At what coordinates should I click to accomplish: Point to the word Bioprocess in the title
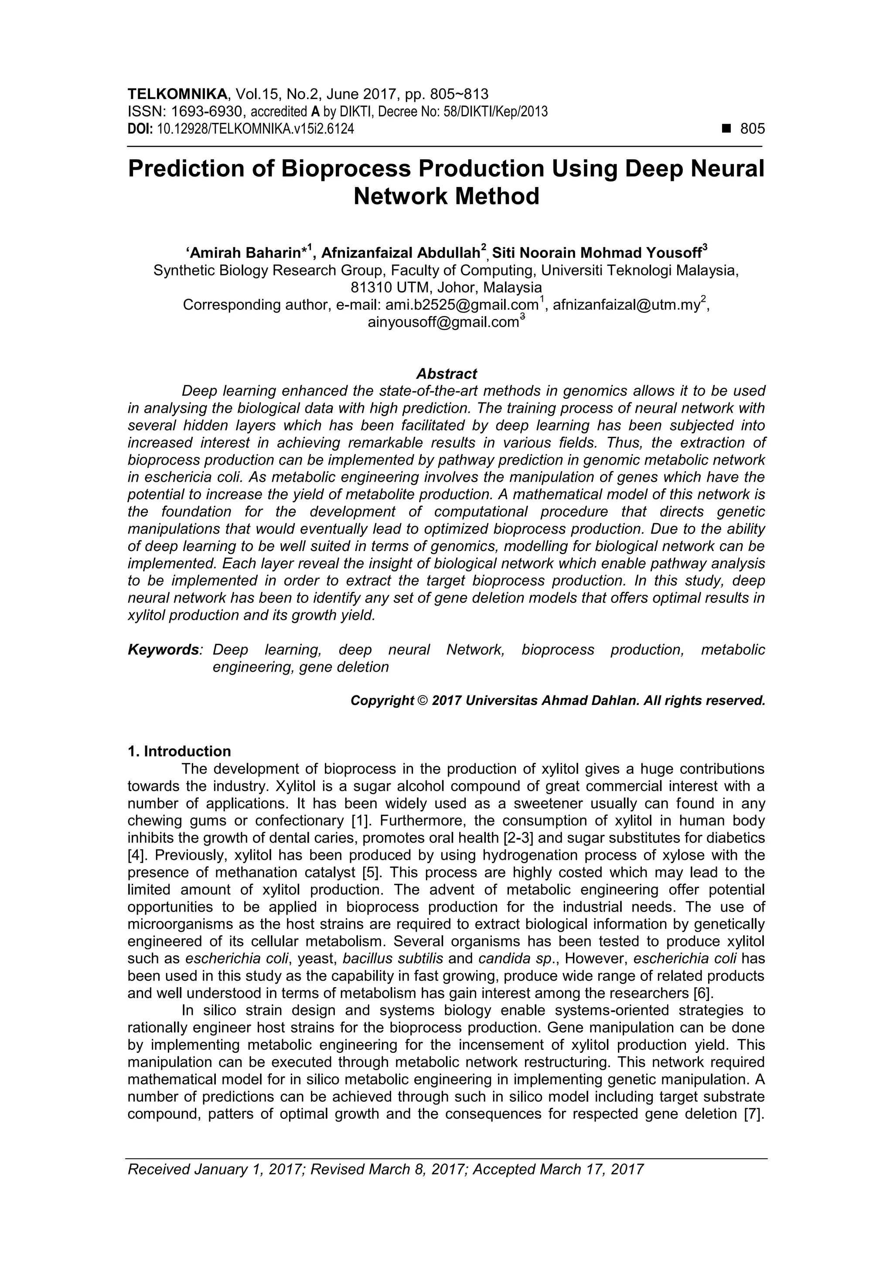click(x=345, y=169)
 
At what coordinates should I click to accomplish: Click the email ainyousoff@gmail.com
click(x=443, y=322)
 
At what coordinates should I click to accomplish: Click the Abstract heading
click(x=446, y=374)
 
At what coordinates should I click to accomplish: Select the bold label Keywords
click(x=164, y=650)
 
